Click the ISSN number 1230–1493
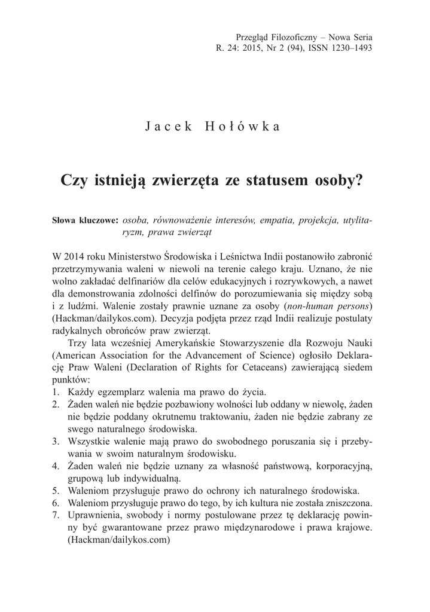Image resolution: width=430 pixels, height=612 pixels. coord(349,49)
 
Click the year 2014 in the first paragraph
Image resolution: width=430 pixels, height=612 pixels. coord(75,255)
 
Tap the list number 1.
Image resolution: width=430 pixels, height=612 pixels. coord(56,393)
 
